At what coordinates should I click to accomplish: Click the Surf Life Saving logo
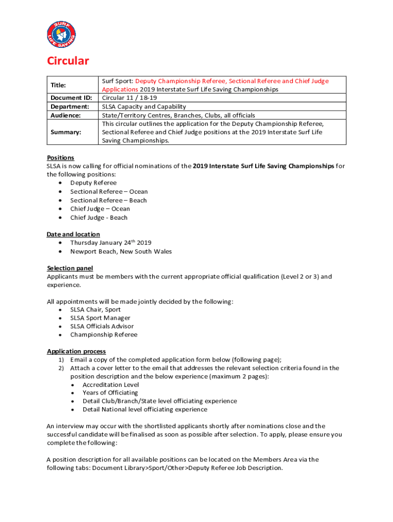pos(61,35)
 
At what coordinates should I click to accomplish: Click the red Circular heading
pos(68,61)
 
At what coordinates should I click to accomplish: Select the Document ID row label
pos(70,98)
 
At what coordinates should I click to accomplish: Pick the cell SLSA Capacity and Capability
pos(144,107)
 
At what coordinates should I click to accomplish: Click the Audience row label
pos(65,115)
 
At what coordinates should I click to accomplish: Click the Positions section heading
pos(60,158)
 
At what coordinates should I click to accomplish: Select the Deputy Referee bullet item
pos(93,183)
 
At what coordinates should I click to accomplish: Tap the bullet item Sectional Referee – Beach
pos(108,200)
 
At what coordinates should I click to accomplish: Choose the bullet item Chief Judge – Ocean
pos(100,209)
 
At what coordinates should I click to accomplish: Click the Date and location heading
pos(73,234)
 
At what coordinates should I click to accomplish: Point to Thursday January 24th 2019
pos(111,243)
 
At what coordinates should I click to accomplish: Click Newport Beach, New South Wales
pos(121,252)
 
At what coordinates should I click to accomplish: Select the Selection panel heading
pos(70,268)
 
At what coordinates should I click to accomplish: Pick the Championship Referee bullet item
pos(104,335)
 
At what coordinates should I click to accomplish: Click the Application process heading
pos(77,351)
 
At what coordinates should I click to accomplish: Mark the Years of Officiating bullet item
pos(110,393)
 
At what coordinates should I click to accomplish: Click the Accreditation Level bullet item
pos(111,385)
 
